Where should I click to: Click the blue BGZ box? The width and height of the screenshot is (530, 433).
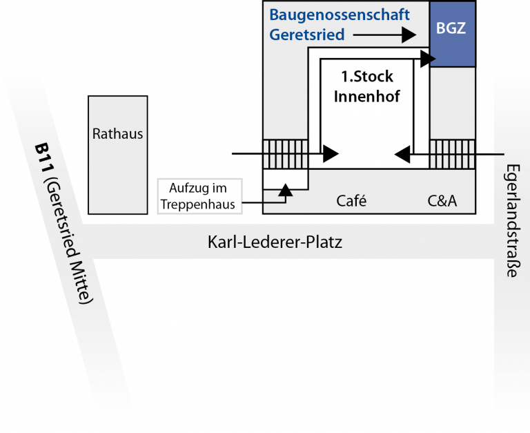click(452, 33)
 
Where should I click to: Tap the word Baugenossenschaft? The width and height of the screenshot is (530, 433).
click(340, 15)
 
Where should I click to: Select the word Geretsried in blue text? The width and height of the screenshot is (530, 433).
click(306, 35)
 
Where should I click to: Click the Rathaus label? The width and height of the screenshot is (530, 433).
click(118, 133)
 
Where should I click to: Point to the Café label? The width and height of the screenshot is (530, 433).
click(351, 201)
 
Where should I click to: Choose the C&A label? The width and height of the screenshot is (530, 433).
click(442, 201)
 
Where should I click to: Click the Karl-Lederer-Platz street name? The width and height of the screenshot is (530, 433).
click(275, 242)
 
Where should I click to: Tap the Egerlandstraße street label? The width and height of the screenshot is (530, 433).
click(511, 221)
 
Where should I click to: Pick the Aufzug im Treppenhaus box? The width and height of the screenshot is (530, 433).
click(201, 195)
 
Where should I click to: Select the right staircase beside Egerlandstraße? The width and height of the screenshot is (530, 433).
click(453, 153)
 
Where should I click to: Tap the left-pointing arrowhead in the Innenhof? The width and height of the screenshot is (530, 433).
click(401, 152)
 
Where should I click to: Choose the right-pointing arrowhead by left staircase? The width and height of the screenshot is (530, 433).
click(331, 152)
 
